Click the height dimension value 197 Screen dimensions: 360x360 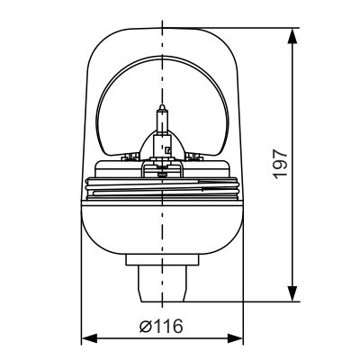(x=281, y=163)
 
